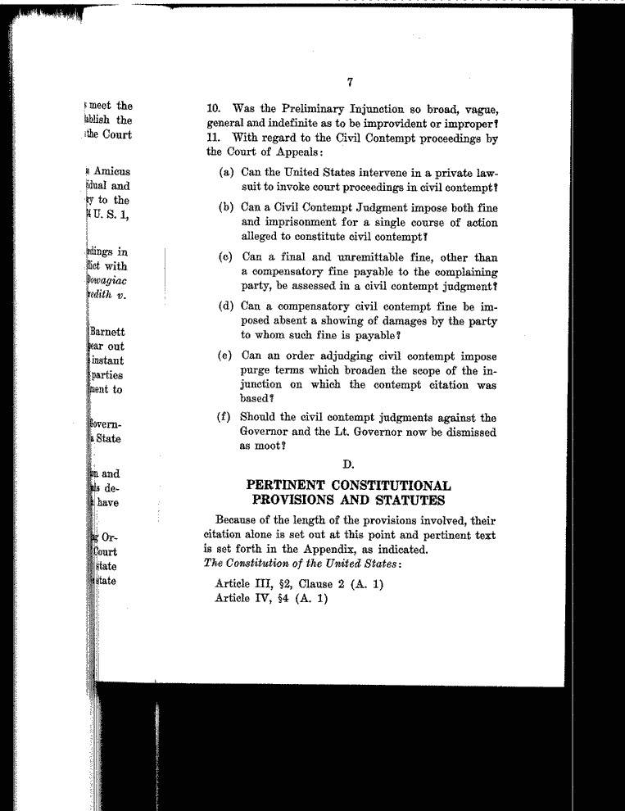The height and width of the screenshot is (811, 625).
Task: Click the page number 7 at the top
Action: click(349, 81)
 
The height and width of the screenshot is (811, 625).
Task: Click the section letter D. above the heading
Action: click(348, 465)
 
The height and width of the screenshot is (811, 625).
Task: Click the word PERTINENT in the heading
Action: click(291, 486)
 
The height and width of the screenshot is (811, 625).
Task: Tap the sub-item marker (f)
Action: click(225, 418)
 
